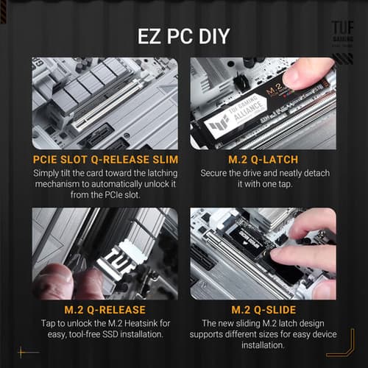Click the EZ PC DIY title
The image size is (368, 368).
pyautogui.click(x=184, y=36)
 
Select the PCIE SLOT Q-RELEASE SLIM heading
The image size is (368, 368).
pyautogui.click(x=105, y=160)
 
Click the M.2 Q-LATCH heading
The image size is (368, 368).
pyautogui.click(x=263, y=160)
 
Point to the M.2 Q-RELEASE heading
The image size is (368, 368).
pyautogui.click(x=105, y=309)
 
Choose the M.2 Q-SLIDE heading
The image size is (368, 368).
pyautogui.click(x=263, y=309)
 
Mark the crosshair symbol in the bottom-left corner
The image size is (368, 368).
pyautogui.click(x=28, y=352)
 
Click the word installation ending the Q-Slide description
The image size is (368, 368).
pyautogui.click(x=263, y=346)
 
